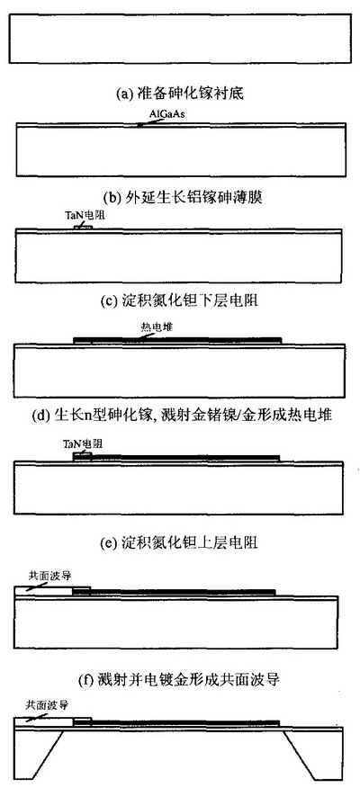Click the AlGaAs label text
point(168,115)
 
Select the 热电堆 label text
point(157,327)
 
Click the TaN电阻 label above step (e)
point(83,443)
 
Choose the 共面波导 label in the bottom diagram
point(46,705)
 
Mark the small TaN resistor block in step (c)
point(83,228)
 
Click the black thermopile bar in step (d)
point(177,341)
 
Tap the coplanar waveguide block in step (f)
point(52,591)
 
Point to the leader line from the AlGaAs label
point(145,122)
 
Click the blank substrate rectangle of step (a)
point(180,39)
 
